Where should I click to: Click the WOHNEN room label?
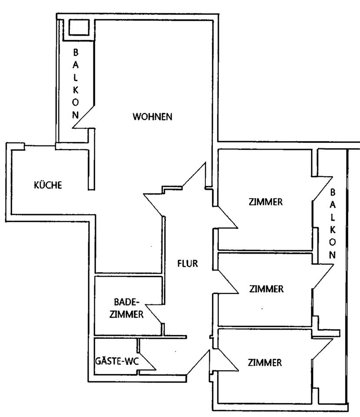153,117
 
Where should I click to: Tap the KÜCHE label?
48,185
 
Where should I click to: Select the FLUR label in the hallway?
188,263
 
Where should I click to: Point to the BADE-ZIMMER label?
126,308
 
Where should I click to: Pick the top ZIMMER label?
266,202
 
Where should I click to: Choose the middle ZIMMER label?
266,288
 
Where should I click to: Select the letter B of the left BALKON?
76,53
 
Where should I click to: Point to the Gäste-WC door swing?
146,361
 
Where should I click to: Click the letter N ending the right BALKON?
333,255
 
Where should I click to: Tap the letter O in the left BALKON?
76,105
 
